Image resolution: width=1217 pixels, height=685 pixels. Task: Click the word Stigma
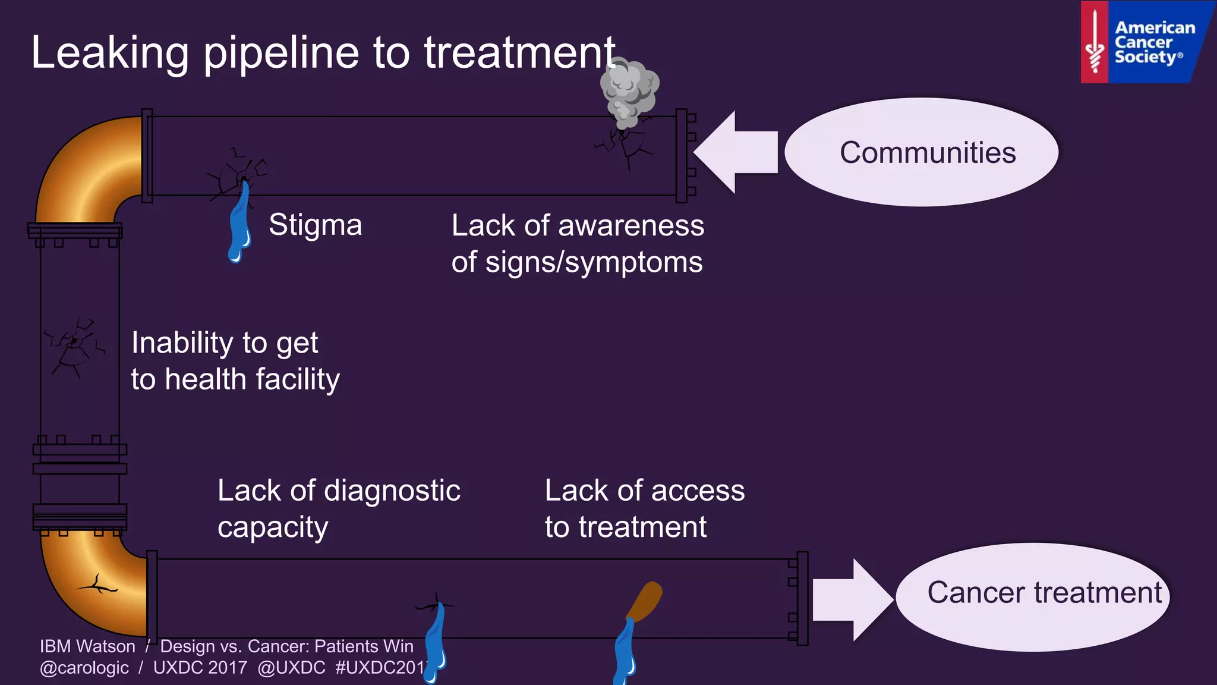(315, 225)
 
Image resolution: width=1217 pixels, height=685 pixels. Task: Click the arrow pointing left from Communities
(734, 152)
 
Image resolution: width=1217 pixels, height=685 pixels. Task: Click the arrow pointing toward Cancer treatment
(853, 599)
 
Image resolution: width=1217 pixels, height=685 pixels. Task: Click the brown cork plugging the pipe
(646, 601)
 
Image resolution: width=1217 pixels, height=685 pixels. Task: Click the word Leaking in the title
(110, 53)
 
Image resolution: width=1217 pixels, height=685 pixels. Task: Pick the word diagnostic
(392, 491)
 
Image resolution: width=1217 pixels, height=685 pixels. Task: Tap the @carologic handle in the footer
(84, 668)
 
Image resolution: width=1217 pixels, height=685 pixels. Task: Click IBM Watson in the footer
(87, 646)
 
